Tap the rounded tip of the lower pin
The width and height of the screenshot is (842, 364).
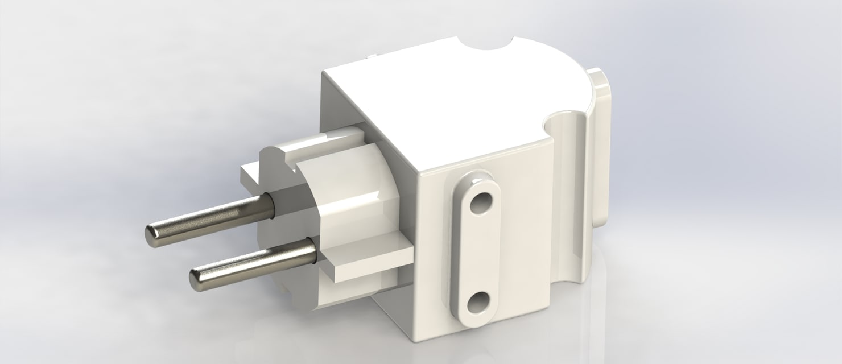[x=197, y=277]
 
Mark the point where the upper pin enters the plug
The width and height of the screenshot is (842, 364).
[x=272, y=200]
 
